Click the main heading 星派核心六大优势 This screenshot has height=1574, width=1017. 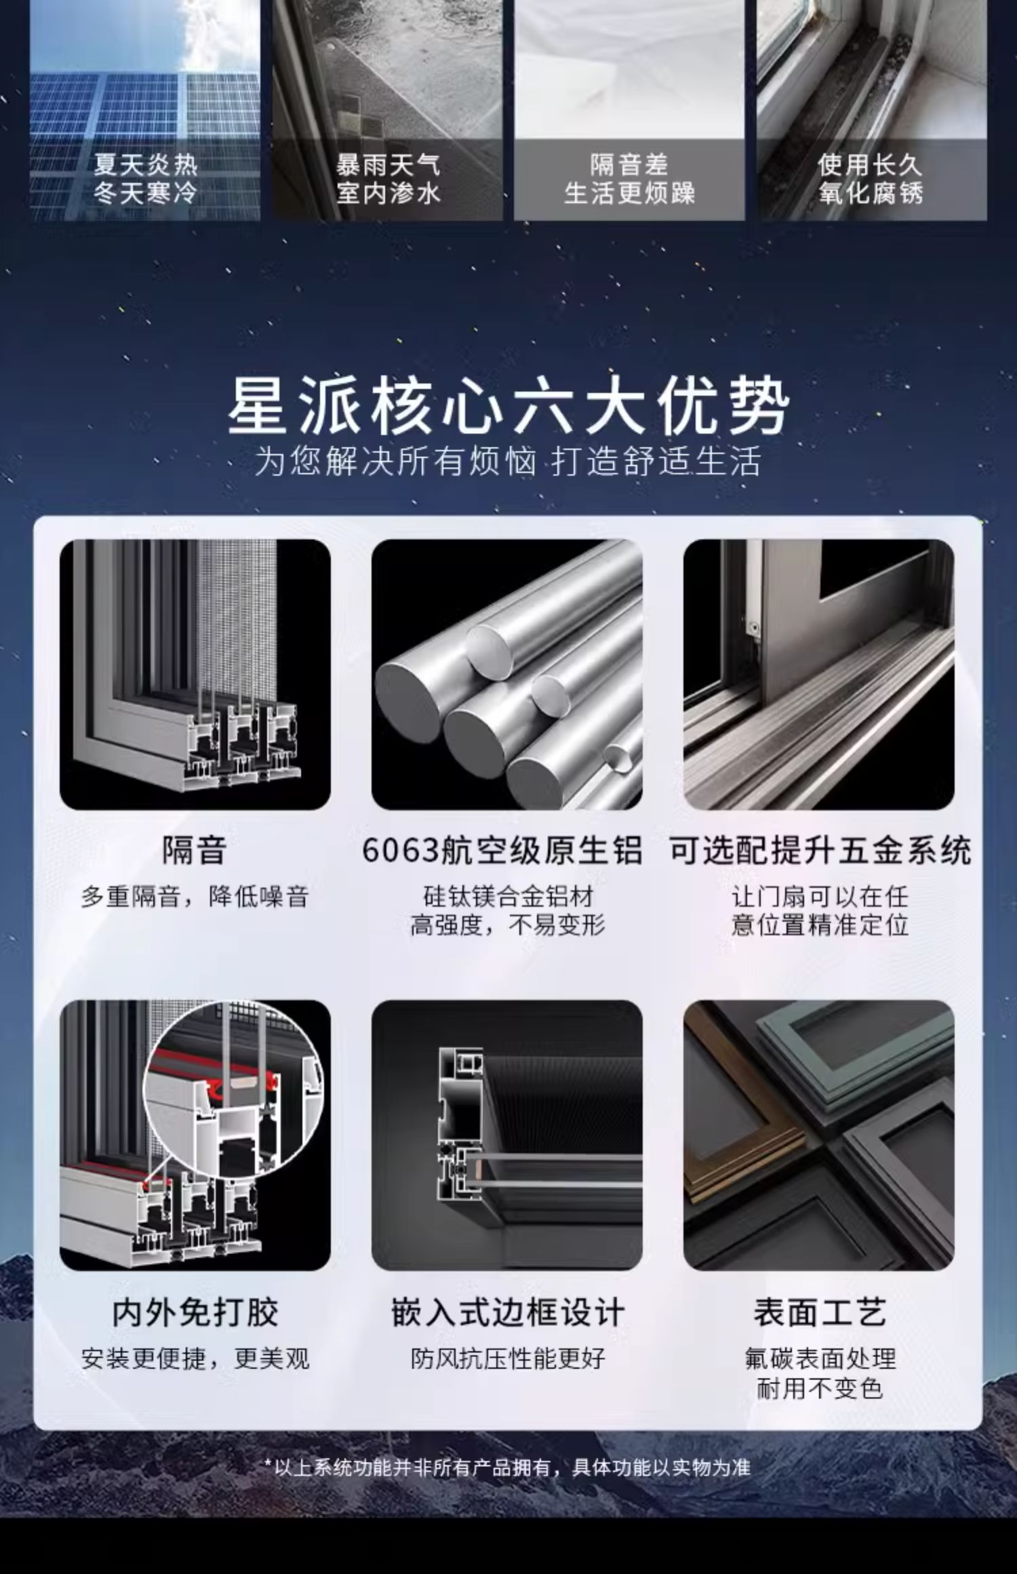tap(509, 407)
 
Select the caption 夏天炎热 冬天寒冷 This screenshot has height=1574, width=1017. tap(145, 179)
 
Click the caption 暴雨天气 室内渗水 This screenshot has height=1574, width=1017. tap(388, 179)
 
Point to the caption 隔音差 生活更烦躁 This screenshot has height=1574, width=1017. tap(629, 179)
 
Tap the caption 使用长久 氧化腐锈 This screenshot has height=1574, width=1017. tap(871, 179)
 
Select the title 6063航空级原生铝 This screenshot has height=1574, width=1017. tap(502, 850)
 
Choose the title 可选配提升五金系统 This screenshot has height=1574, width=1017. tap(820, 850)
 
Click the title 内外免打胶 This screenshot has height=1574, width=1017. tap(195, 1312)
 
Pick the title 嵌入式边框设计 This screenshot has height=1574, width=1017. tap(507, 1312)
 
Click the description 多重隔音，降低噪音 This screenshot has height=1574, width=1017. tap(195, 897)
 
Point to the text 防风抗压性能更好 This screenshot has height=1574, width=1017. tap(507, 1358)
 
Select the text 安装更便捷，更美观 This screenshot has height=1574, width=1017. tap(195, 1358)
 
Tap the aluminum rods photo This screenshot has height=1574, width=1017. tap(507, 674)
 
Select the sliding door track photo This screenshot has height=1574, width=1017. tap(819, 674)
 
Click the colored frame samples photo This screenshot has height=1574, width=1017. tap(819, 1135)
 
